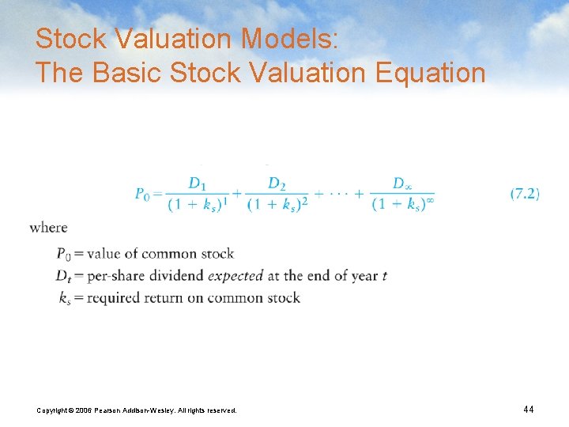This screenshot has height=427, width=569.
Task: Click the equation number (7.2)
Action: point(525,193)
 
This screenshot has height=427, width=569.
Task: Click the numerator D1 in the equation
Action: point(198,183)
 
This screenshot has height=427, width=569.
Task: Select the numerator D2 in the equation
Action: point(277,183)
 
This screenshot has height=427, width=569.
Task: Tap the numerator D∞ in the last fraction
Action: point(402,183)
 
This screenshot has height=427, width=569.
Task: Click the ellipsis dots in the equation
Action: point(337,194)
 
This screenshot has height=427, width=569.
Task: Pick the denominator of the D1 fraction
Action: point(198,205)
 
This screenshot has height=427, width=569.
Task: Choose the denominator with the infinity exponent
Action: point(403,205)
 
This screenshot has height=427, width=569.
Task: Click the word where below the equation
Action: point(49,228)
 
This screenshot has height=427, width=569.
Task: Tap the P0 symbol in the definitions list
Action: point(63,254)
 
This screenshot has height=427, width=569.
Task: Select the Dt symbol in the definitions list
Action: point(63,276)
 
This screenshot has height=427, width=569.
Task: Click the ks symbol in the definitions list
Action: point(63,298)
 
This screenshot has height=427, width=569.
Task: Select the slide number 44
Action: point(529,409)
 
